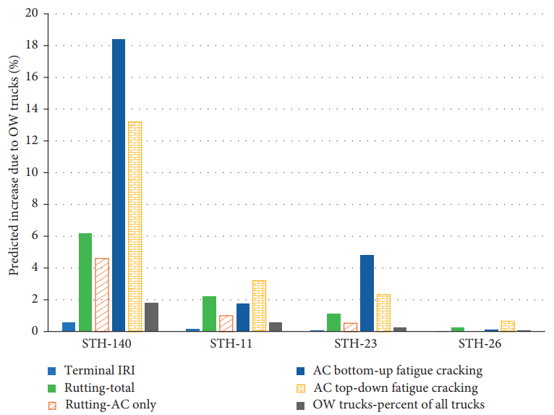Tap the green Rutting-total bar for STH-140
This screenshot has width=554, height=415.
point(85,282)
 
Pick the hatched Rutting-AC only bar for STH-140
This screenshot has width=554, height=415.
point(102,294)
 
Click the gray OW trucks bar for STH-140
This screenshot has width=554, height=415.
point(152,317)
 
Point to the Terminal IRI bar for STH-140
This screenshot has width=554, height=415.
point(69,327)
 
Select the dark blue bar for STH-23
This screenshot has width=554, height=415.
point(367,293)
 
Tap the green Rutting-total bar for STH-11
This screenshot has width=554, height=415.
point(209,314)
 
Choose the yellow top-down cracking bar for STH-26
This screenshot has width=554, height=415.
point(508,326)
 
